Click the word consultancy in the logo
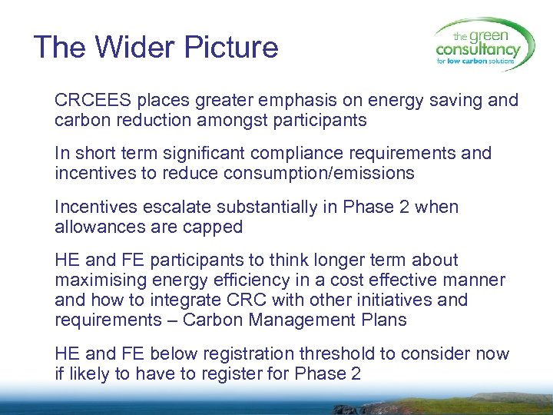pyautogui.click(x=477, y=51)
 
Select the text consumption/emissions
pyautogui.click(x=319, y=174)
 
